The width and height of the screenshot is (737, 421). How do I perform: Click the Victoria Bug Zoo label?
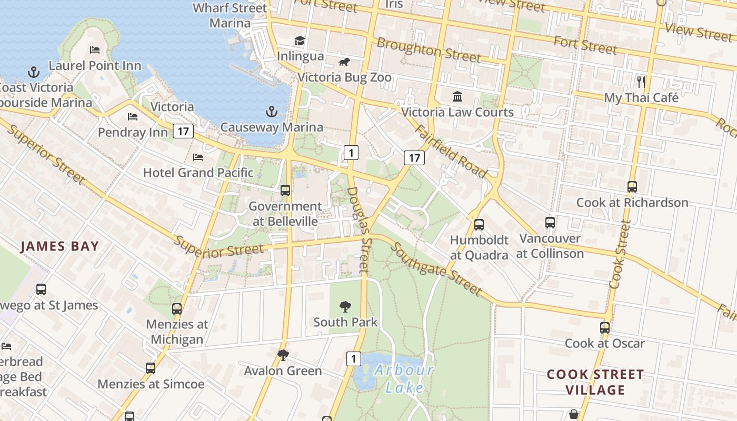[x=344, y=77]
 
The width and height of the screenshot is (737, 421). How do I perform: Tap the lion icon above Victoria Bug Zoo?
[x=344, y=63]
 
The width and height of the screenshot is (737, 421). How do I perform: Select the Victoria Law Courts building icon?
[x=457, y=97]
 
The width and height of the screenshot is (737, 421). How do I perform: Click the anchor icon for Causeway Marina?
[x=271, y=112]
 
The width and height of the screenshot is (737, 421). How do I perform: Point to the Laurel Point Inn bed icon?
[x=95, y=50]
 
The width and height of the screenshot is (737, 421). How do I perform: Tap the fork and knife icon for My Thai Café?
[x=641, y=82]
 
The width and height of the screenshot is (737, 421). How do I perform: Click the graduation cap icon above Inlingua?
[x=300, y=41]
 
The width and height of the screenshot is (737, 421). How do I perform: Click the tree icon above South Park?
[x=345, y=306]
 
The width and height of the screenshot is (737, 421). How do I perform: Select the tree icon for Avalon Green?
[x=283, y=355]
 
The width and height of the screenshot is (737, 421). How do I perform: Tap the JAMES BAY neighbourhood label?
[x=59, y=246]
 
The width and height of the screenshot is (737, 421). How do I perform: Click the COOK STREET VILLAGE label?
[x=595, y=382]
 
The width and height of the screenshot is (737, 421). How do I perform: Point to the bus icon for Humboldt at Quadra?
[x=479, y=225]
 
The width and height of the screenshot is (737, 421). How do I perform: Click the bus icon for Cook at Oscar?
[x=605, y=327]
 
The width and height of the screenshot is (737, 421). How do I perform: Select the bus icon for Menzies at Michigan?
[x=177, y=309]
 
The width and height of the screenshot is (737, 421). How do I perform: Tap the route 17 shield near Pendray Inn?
[x=183, y=131]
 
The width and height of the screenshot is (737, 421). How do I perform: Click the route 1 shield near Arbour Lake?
[x=354, y=359]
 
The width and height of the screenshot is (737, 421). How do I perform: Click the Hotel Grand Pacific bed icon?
[x=198, y=157]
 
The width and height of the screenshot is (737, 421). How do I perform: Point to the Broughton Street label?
[x=429, y=49]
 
